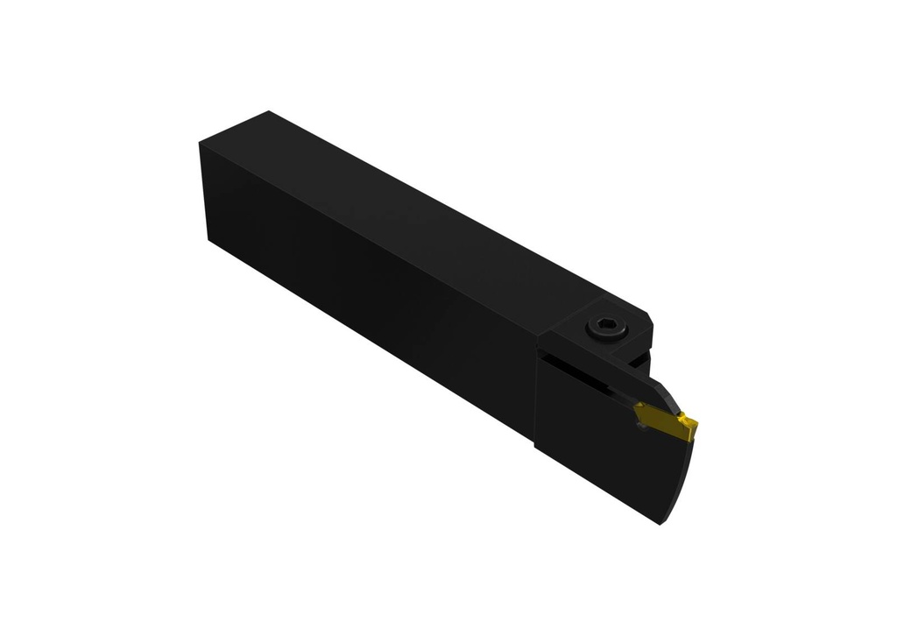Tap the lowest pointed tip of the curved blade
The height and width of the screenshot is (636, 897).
click(x=659, y=523)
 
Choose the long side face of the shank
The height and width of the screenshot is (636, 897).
click(x=368, y=289)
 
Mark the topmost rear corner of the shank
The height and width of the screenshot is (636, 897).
click(x=269, y=112)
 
